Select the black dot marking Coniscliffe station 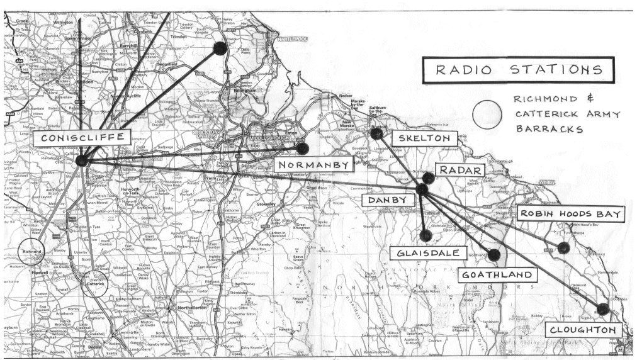pos(81,161)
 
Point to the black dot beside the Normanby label pos(302,149)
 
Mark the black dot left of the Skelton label pos(376,133)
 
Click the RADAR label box pos(460,170)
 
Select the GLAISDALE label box pos(431,253)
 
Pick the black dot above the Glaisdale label pos(426,235)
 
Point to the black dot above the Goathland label pos(494,255)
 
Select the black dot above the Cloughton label pos(602,309)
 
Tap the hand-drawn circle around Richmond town pos(31,251)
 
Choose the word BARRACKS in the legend pos(549,129)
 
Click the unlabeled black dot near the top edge pos(220,48)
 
